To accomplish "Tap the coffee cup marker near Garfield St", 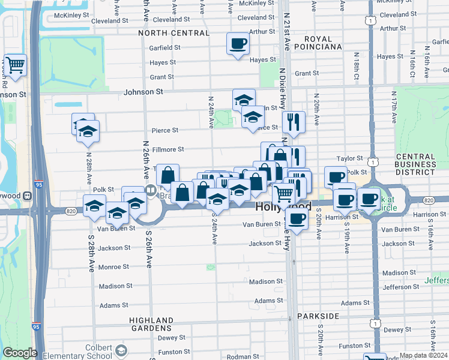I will tap(238, 44).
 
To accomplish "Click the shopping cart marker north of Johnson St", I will tap(15, 65).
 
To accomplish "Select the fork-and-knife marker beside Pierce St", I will tap(294, 122).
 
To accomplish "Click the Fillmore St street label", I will tap(168, 149).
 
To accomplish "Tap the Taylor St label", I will tap(350, 158).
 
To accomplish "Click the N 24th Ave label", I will tap(211, 112).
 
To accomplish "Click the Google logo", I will tap(20, 353).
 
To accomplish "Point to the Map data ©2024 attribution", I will tap(423, 355).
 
